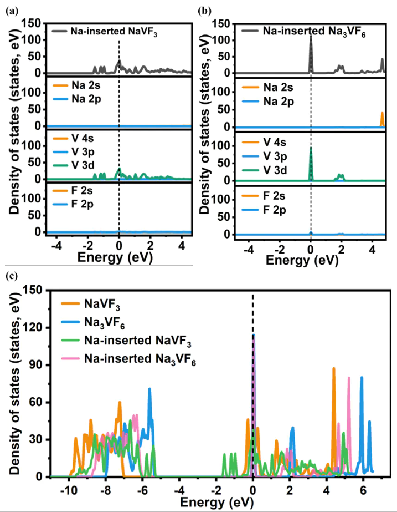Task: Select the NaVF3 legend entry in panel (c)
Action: click(102, 303)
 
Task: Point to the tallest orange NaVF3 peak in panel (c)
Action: click(334, 368)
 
